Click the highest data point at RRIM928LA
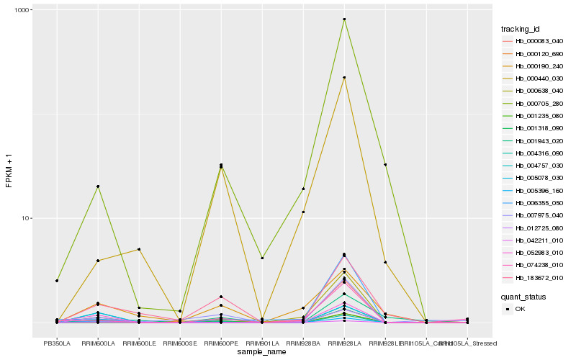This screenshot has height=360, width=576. (x=344, y=19)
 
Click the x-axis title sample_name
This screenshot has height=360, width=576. (x=262, y=352)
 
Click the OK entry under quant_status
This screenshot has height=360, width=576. (x=521, y=308)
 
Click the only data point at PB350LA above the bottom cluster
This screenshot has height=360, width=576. (x=56, y=280)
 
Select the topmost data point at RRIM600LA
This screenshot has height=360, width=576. (x=97, y=186)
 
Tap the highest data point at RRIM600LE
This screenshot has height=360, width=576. (x=138, y=249)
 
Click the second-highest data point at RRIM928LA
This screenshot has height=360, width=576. (x=344, y=77)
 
